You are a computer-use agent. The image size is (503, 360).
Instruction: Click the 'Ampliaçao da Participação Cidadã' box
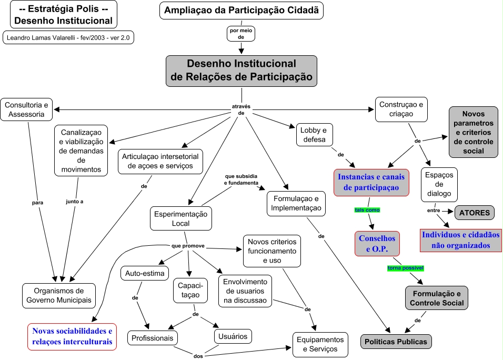[242, 11]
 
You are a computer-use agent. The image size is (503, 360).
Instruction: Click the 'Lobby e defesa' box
[313, 135]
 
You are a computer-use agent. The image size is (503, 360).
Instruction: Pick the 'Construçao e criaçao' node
[400, 109]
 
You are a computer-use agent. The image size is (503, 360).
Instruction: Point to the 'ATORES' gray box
[475, 213]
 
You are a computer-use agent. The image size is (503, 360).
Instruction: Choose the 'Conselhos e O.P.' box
[377, 244]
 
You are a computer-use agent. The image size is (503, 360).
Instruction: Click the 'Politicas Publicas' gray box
[396, 341]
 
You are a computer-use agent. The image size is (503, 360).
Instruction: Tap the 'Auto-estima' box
[145, 273]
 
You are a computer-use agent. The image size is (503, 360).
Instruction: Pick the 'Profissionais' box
[153, 338]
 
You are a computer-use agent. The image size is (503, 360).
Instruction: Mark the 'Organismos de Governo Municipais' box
[59, 296]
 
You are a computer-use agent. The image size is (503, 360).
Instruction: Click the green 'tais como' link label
[367, 210]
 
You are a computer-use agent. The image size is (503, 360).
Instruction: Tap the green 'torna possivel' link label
[405, 268]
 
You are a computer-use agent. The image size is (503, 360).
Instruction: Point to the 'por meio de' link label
[241, 34]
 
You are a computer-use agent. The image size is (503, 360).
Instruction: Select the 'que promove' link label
[188, 246]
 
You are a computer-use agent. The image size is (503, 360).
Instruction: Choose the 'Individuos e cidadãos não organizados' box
[460, 240]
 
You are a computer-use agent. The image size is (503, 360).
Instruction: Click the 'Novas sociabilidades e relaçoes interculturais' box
[72, 336]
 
